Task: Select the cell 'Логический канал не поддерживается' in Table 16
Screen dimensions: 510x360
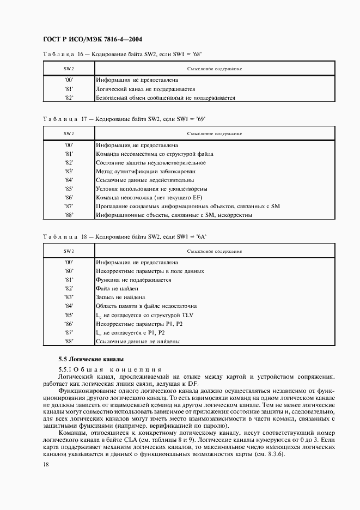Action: pos(145,88)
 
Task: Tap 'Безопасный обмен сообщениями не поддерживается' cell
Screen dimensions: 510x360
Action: pos(165,98)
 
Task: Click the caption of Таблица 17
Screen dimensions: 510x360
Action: pos(125,118)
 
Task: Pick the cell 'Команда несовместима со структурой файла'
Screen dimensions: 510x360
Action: pos(155,154)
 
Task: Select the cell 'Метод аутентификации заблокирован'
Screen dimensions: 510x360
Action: pos(146,171)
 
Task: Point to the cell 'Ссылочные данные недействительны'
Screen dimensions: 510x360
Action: pos(144,180)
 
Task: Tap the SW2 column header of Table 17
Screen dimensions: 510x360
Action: pos(69,133)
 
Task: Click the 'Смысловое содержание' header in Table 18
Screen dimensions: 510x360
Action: pos(215,251)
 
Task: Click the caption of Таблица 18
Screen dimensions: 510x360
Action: pos(125,236)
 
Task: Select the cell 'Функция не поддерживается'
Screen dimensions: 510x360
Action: pos(133,280)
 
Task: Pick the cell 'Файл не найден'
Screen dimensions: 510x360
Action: pos(117,289)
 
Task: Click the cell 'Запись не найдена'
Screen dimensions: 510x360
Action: pos(120,297)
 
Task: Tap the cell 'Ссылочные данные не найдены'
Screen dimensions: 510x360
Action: pos(138,342)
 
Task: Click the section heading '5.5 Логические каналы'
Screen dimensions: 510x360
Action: pos(91,359)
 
